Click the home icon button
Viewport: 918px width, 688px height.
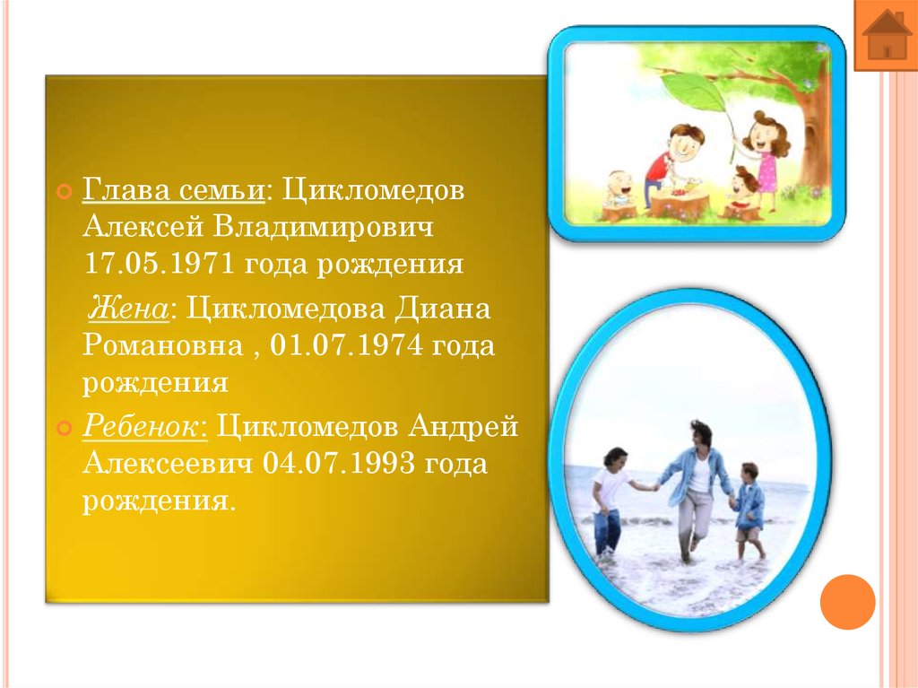pos(886,37)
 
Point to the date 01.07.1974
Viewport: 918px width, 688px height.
pos(345,346)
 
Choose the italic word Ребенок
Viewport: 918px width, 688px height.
pos(145,427)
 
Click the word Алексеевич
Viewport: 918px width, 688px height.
pos(169,464)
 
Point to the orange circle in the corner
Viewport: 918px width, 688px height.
pos(847,601)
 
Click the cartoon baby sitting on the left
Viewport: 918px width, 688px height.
pos(619,191)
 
